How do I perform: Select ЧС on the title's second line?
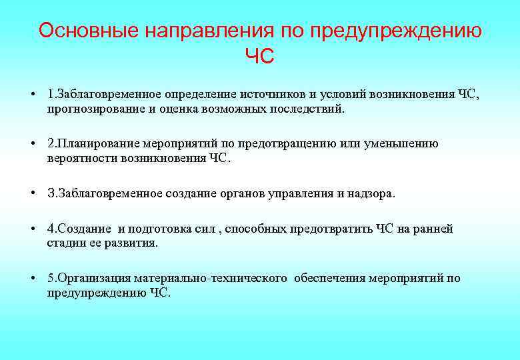259,57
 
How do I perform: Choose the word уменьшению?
401,143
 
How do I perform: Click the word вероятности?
83,158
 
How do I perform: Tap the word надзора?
371,193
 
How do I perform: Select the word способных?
255,229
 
